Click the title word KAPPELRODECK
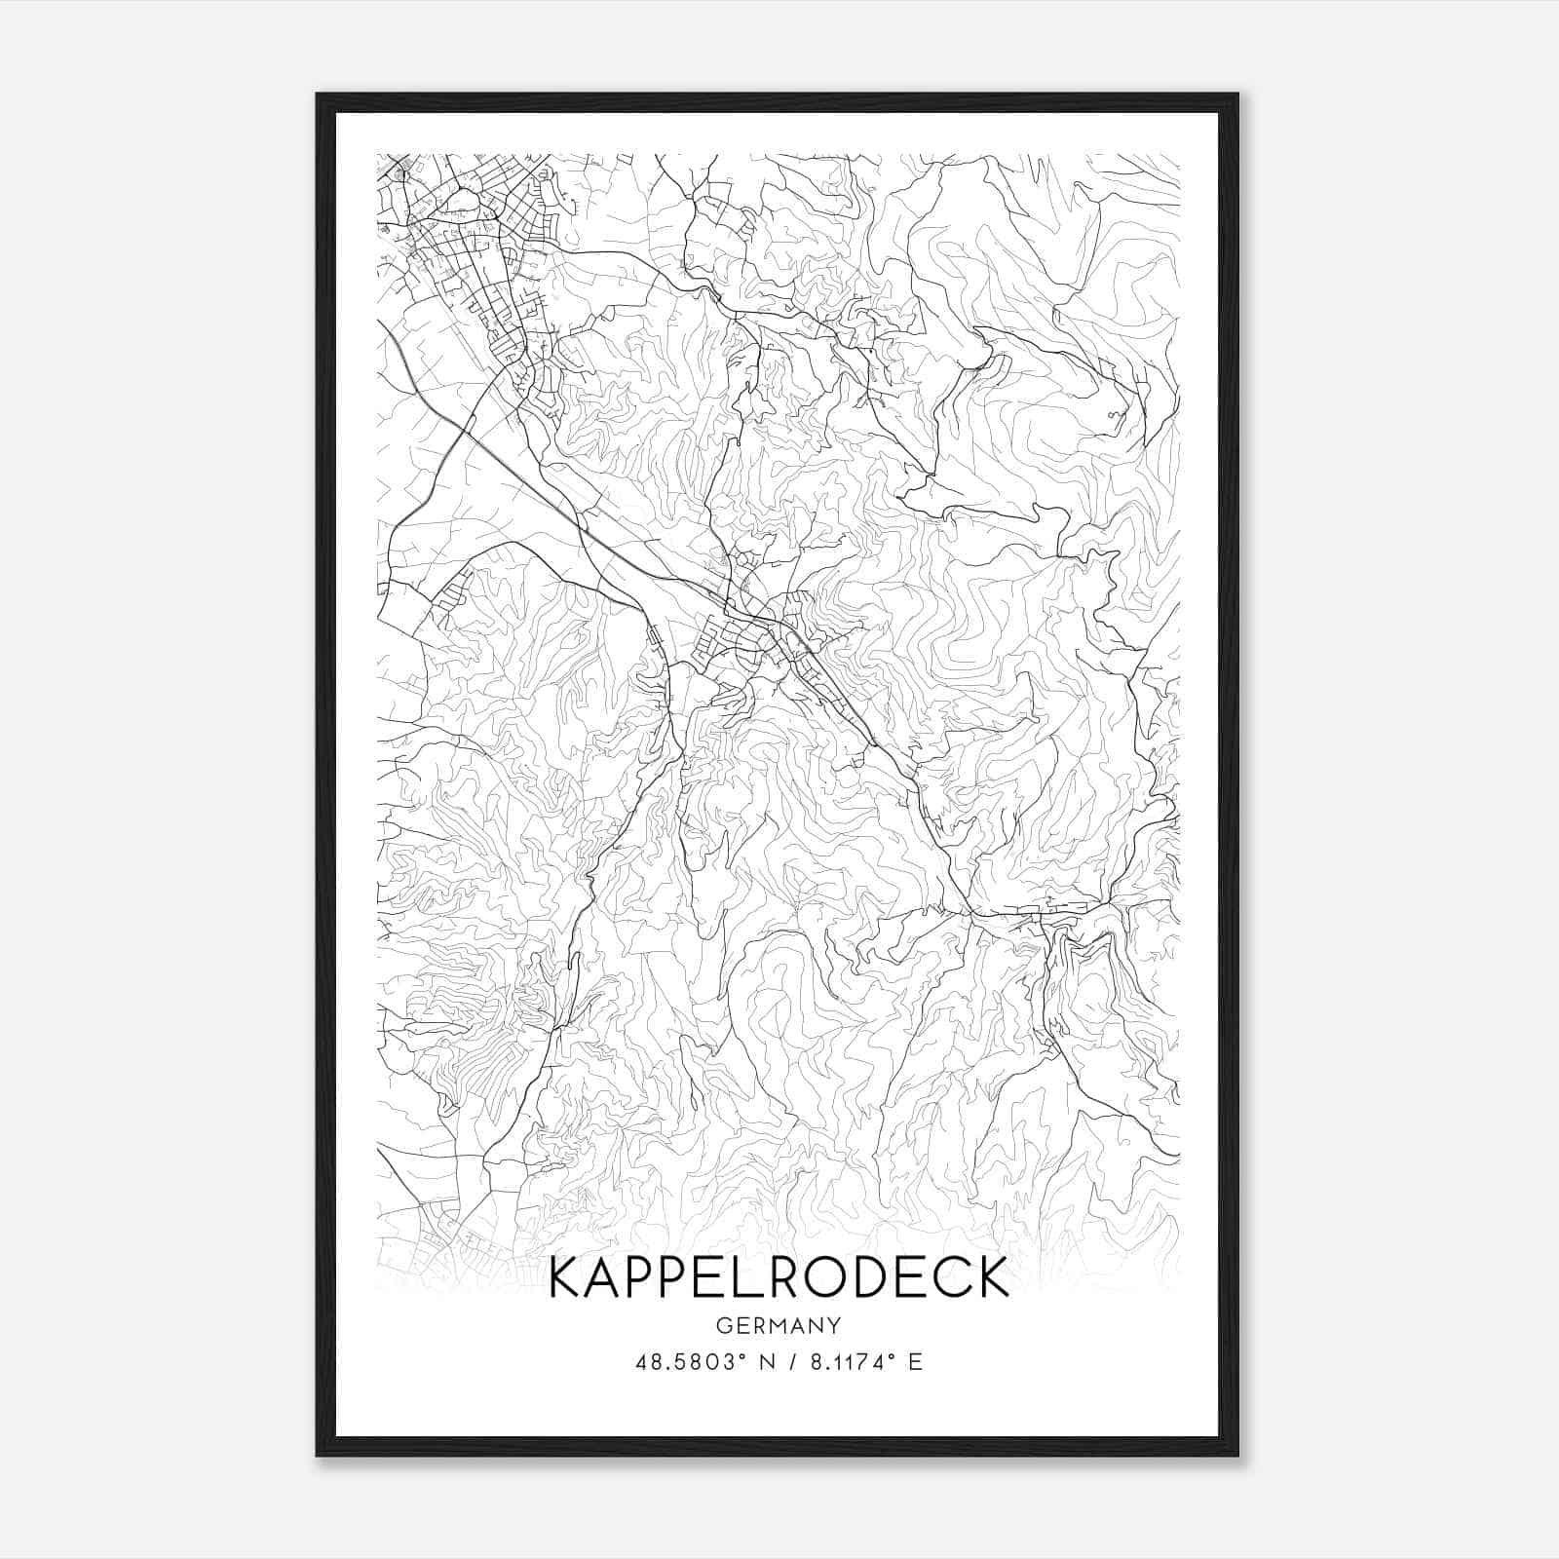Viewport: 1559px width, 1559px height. pyautogui.click(x=779, y=1277)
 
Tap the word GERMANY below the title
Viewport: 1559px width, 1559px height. pyautogui.click(x=779, y=1325)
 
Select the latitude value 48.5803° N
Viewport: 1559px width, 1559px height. pyautogui.click(x=698, y=1362)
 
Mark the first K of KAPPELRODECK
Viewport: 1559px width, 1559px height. pyautogui.click(x=567, y=1277)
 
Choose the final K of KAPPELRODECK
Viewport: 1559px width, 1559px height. pyautogui.click(x=990, y=1277)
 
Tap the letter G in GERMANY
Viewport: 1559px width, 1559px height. pyautogui.click(x=723, y=1325)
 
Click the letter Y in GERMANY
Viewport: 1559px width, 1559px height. pyautogui.click(x=835, y=1325)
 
